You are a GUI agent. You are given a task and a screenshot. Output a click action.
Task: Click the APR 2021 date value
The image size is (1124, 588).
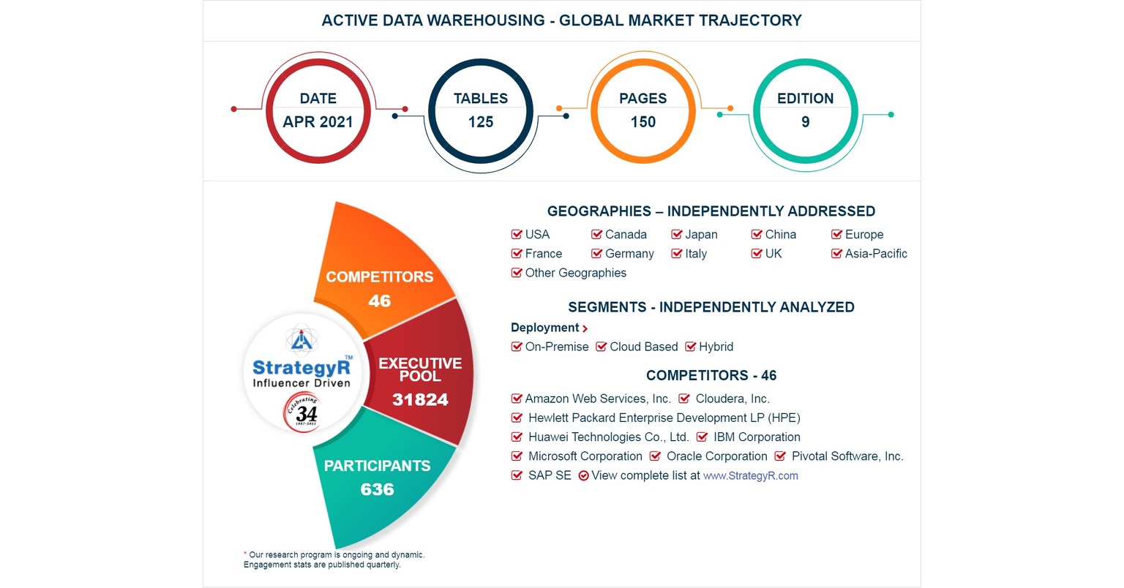318,122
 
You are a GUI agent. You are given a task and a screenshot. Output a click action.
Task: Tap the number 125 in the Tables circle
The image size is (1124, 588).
481,122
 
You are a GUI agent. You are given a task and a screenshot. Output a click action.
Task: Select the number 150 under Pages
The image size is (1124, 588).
643,122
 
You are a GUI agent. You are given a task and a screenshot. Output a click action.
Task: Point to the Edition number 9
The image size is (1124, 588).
805,122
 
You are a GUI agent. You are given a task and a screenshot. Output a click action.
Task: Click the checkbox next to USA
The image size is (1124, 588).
517,235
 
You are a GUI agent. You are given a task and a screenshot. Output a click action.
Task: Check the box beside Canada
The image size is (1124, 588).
596,235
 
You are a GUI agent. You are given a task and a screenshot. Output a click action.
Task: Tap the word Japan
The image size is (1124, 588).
701,235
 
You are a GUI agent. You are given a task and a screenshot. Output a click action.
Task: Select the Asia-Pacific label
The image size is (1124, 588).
876,254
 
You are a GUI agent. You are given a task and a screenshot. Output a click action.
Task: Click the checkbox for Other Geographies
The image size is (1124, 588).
517,273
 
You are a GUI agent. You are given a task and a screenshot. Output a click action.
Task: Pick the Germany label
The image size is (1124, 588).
629,254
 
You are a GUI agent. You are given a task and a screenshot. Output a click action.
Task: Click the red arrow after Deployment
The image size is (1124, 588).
585,328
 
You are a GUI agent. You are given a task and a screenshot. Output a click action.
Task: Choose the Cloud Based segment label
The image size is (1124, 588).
643,347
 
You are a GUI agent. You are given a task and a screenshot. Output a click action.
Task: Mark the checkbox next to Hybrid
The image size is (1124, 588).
690,347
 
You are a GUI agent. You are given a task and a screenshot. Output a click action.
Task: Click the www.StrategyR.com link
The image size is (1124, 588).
750,476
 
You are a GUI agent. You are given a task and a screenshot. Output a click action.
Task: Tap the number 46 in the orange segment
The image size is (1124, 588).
379,301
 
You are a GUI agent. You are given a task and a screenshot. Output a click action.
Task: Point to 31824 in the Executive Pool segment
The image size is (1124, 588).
419,399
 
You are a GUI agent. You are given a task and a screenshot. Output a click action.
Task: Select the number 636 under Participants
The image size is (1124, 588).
377,489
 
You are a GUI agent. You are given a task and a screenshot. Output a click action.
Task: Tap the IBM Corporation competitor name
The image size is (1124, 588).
757,437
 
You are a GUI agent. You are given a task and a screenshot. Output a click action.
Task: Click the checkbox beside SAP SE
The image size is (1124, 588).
517,475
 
